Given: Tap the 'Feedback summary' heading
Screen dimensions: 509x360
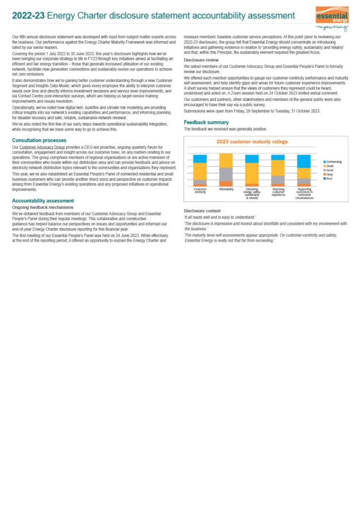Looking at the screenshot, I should tap(206, 122).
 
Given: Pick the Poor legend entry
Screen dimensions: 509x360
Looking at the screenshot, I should tap(330, 178).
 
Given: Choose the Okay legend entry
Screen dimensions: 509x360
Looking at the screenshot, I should tap(330, 174).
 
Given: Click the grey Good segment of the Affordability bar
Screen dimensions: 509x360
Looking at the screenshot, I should tap(226, 174).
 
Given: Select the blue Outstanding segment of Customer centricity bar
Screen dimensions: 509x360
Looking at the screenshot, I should tap(200, 159).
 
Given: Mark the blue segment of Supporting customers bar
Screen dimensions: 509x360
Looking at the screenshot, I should tap(304, 161).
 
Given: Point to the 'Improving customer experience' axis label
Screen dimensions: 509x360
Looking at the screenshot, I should tap(277, 191).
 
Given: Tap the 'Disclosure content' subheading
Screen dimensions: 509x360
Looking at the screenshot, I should tap(201, 211).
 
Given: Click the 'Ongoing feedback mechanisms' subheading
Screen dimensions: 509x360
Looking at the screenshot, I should tap(43, 207).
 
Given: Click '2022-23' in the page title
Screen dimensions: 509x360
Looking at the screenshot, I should tap(27, 16).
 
